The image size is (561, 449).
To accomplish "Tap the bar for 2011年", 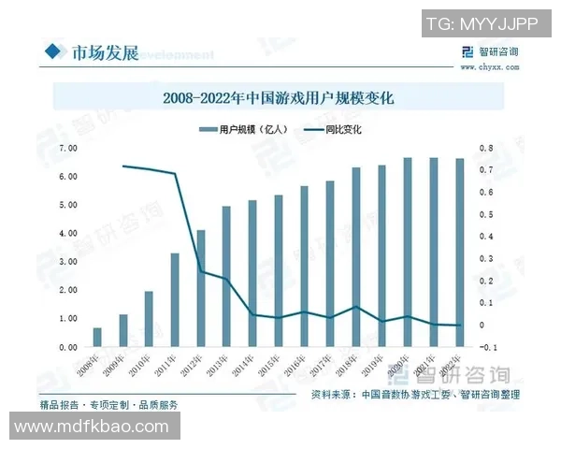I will point(175,299).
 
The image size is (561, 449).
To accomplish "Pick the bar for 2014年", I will point(252,273).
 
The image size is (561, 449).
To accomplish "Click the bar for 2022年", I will point(459,253).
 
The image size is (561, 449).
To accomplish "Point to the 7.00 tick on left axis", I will point(67,149).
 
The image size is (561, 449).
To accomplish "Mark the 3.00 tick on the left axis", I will point(67,262).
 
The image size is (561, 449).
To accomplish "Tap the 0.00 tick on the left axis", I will point(67,347).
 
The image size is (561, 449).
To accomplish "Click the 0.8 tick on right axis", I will point(484,149).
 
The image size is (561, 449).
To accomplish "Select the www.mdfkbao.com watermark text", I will point(90,427).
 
